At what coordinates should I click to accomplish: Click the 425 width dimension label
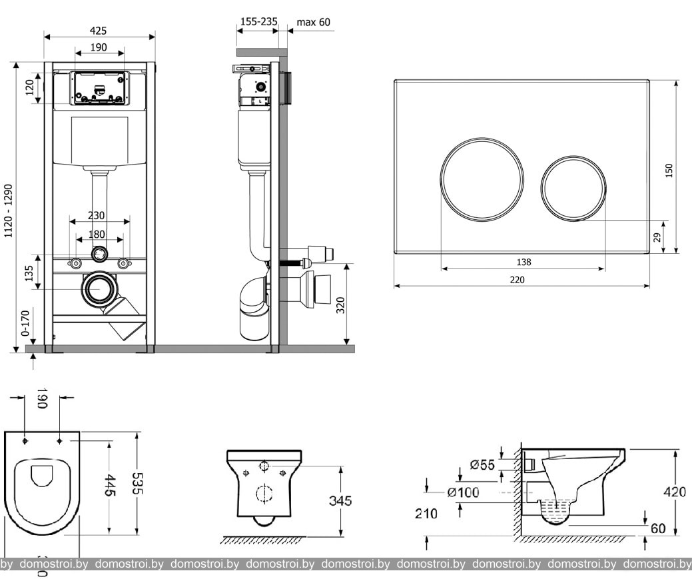point(99,31)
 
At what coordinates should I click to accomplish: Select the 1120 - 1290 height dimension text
point(9,211)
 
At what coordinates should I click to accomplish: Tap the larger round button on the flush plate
point(482,179)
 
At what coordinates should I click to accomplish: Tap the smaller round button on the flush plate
point(573,188)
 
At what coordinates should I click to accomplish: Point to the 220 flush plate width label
point(518,280)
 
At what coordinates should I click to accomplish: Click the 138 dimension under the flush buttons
point(523,263)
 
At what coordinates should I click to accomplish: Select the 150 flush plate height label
point(669,170)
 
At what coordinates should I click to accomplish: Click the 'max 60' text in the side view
point(313,22)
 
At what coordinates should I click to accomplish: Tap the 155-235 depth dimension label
point(258,22)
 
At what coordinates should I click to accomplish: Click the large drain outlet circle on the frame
point(100,290)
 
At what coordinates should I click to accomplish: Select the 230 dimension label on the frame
point(97,216)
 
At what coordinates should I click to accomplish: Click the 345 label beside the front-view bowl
point(340,501)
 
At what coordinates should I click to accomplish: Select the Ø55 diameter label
point(482,465)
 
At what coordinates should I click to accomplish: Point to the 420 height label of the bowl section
point(675,492)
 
